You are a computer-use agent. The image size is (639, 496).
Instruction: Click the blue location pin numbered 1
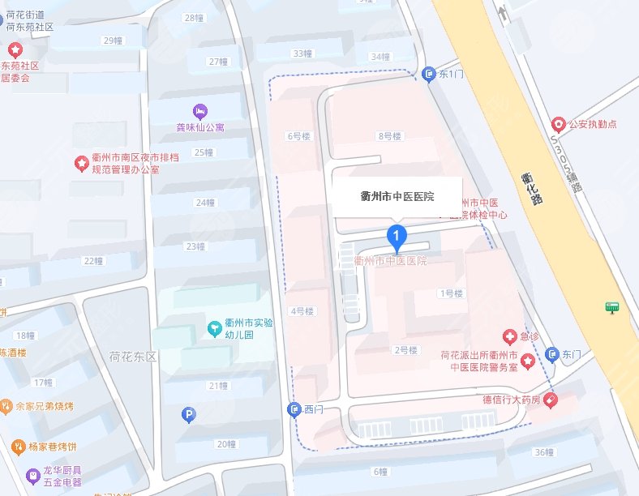(397, 238)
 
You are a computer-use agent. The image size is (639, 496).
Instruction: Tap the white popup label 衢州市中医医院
(397, 197)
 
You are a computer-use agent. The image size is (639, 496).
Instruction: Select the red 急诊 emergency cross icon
(509, 336)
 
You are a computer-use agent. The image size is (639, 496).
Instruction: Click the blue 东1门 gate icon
(429, 75)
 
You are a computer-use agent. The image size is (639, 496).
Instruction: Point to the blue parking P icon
(188, 415)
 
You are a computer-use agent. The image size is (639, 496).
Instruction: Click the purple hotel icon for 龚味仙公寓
(199, 110)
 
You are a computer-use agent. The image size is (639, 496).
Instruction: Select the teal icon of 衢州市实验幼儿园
(215, 328)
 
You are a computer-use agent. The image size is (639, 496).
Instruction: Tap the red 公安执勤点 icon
(558, 125)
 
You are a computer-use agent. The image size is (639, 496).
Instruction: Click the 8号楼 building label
(390, 136)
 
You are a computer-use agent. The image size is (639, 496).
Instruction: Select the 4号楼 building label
(302, 310)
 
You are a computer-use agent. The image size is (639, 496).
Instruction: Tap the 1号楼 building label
(451, 293)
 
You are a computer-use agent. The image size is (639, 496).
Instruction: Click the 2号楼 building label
(405, 350)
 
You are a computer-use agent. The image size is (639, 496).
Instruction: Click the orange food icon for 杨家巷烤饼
(19, 446)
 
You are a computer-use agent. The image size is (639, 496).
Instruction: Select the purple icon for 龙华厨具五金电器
(33, 475)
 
